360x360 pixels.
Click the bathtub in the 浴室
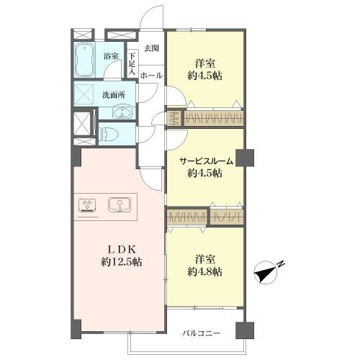84,60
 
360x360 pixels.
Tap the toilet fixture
109,134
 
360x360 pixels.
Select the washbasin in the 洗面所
122,112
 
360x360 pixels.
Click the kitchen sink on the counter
120,204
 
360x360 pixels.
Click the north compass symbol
266,273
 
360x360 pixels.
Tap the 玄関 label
151,48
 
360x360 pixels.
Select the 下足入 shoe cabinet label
132,63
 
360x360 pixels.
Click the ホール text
151,76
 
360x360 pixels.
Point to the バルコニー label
202,333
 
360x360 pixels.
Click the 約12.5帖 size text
122,262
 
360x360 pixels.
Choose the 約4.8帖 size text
204,272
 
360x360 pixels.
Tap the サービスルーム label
207,161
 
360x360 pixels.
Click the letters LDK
122,250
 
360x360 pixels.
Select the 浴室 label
111,56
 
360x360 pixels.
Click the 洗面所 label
114,95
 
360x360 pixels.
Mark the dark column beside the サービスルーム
245,158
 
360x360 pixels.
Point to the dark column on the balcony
245,330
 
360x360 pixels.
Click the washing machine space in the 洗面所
84,94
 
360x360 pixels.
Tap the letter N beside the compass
282,264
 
